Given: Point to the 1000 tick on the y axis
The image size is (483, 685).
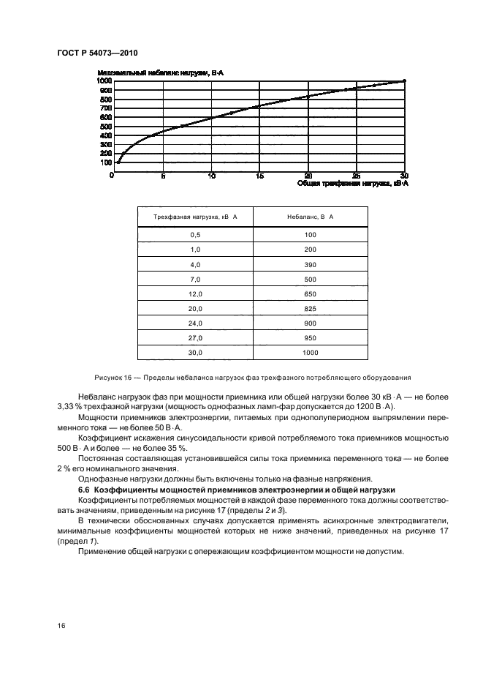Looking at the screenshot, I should click(x=104, y=81).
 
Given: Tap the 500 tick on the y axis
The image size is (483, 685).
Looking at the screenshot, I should click(x=106, y=126).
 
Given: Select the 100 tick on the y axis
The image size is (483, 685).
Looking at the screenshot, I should click(x=106, y=162).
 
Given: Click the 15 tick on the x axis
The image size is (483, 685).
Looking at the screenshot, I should click(x=259, y=176).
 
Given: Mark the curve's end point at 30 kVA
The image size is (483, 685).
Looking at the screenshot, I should click(x=404, y=81).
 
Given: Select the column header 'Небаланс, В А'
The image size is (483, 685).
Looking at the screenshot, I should click(x=310, y=217).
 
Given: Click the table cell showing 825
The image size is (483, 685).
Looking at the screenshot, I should click(x=310, y=310).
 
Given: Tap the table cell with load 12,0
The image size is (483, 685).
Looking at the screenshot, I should click(x=195, y=294).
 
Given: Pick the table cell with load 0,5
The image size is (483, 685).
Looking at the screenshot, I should click(x=195, y=233).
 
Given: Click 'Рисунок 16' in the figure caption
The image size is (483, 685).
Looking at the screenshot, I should click(x=115, y=378).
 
